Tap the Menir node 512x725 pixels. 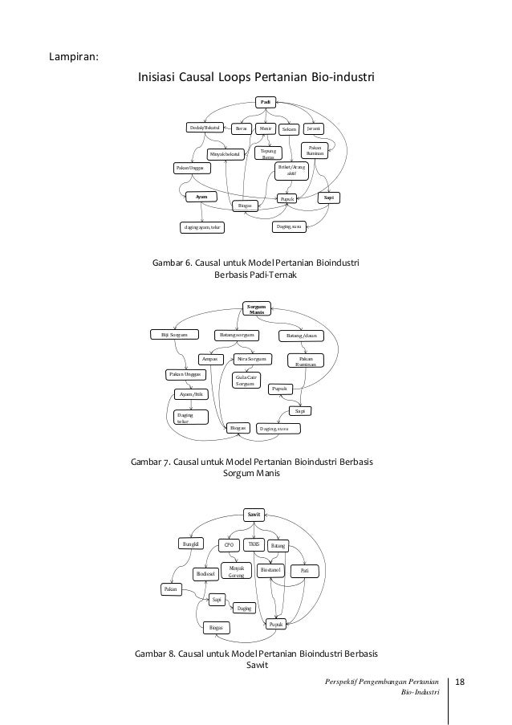click(266, 128)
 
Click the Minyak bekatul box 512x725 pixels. click(226, 153)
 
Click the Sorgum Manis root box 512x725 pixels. click(257, 309)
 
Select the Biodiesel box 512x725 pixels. click(208, 573)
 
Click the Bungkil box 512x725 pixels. click(190, 544)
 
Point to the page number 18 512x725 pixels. click(460, 682)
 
